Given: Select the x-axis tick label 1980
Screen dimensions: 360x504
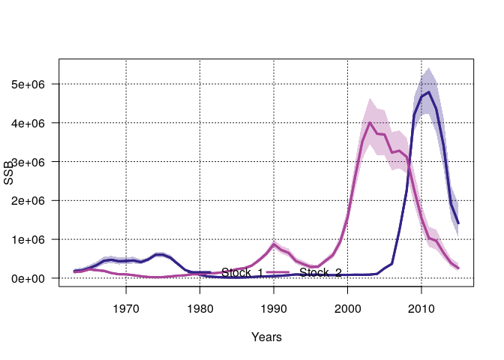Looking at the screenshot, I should [199, 307].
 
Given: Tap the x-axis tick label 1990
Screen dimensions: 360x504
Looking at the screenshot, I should [274, 307].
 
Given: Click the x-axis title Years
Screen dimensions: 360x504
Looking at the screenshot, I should [266, 337].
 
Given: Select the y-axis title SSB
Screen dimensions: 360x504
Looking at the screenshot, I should [10, 173].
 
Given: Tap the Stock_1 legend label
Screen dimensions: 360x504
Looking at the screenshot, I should [242, 272].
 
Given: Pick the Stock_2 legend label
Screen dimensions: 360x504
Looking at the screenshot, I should [321, 272].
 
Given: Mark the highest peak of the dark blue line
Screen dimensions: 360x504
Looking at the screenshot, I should [428, 92].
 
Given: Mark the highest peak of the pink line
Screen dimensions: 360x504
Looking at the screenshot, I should [370, 122].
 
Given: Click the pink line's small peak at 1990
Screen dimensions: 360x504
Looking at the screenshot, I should [274, 244].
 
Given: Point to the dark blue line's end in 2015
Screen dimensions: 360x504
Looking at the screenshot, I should [458, 223].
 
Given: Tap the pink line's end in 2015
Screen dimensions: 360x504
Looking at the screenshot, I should [458, 268].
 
